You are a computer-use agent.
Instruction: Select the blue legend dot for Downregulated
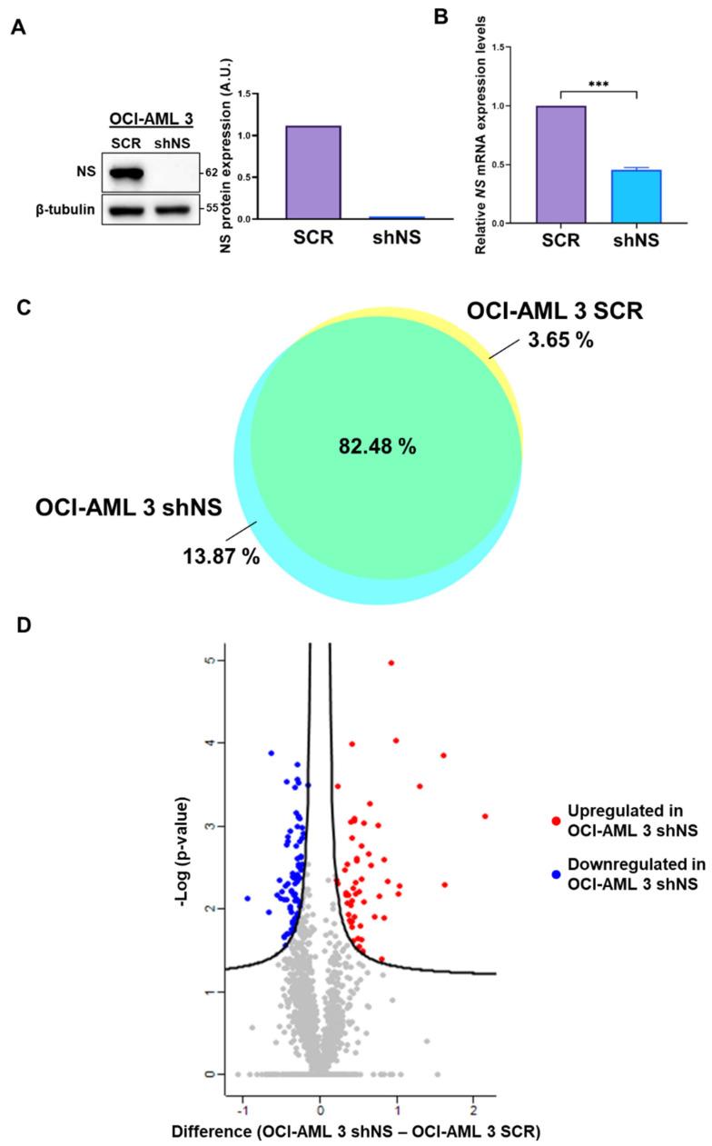(x=554, y=873)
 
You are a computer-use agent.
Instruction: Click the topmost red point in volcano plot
(x=391, y=663)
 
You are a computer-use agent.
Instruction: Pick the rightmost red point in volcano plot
(x=485, y=816)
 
